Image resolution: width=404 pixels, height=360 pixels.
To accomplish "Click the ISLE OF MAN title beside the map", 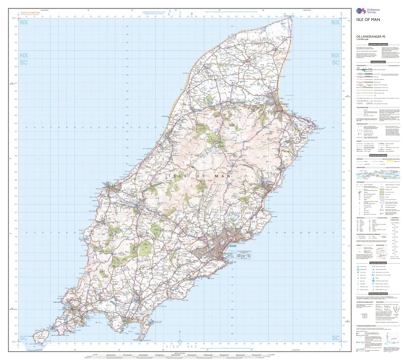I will pyautogui.click(x=365, y=19).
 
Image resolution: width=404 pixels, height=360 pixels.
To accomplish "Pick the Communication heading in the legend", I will pyautogui.click(x=378, y=62).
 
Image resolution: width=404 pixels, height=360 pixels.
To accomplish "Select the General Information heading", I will pyautogui.click(x=378, y=155).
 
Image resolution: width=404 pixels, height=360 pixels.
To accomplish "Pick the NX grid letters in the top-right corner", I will pyautogui.click(x=335, y=22).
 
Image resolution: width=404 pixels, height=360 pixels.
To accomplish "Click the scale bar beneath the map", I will pyautogui.click(x=176, y=355).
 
